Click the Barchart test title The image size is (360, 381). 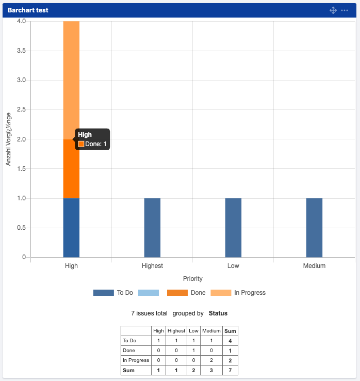point(28,10)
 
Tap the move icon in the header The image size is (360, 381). point(333,10)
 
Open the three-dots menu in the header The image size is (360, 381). point(345,10)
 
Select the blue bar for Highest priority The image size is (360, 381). point(152,227)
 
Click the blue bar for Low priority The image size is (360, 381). point(233,227)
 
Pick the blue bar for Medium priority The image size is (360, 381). point(314,227)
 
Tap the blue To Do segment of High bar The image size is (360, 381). point(71,227)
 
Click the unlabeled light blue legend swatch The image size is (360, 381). point(149,293)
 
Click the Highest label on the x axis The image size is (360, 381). point(152,266)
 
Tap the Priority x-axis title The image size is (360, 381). point(192,279)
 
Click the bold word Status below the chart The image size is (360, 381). point(218,313)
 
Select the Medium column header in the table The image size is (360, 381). point(211,331)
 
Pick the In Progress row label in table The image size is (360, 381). point(136,360)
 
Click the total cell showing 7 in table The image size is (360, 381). point(230,370)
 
